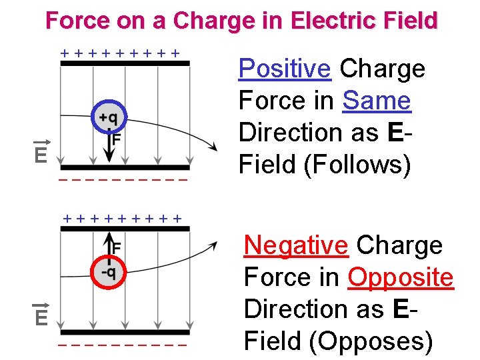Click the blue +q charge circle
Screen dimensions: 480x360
[x=107, y=118]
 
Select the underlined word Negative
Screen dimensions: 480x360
[x=296, y=245]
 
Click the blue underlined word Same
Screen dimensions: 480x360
[x=377, y=101]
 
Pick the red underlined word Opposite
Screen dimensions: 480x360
[x=401, y=277]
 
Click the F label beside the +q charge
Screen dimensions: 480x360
[x=116, y=140]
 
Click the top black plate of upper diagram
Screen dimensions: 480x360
[x=125, y=64]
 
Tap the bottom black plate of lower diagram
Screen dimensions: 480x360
[x=125, y=332]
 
